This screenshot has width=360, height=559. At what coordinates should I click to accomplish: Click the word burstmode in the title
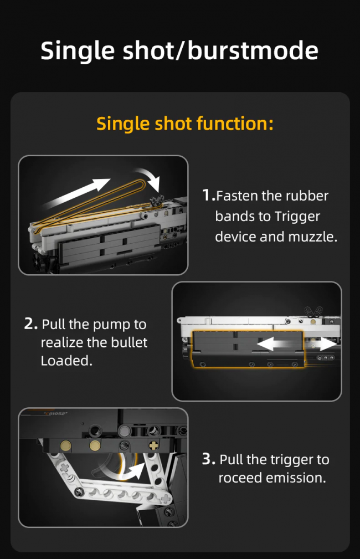(x=253, y=50)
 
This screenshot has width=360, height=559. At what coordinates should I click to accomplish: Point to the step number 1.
(x=209, y=196)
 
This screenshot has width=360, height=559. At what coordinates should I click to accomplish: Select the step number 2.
(x=30, y=324)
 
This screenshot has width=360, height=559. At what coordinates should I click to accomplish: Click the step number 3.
(x=208, y=459)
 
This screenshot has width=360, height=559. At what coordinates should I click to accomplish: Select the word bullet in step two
(x=129, y=342)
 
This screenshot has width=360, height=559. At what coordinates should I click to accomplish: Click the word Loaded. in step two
(x=66, y=361)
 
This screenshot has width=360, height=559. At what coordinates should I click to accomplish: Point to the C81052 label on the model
(x=55, y=413)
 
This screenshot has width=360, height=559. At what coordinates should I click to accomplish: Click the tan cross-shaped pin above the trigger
(x=153, y=445)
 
